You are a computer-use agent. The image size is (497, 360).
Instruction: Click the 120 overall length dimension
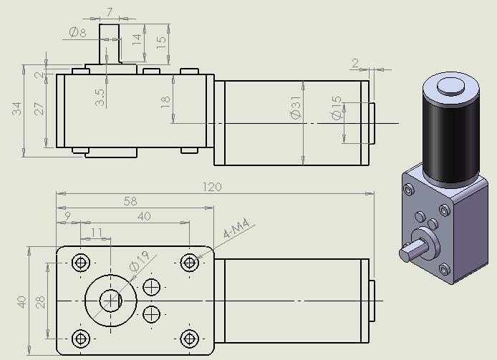[x=212, y=187]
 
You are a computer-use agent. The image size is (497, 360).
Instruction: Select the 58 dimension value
[x=130, y=201]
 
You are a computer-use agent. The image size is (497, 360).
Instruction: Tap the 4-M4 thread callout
[x=236, y=228]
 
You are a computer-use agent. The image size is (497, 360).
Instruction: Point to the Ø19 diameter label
[x=140, y=261]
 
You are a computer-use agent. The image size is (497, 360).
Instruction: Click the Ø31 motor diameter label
[x=296, y=108]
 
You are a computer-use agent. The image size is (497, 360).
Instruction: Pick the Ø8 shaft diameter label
[x=77, y=32]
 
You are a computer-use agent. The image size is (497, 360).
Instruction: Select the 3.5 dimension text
[x=100, y=97]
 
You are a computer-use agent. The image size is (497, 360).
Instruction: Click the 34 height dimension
[x=16, y=108]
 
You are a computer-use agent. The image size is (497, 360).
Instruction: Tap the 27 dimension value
[x=39, y=108]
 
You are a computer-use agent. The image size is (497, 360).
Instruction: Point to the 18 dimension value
[x=165, y=102]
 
